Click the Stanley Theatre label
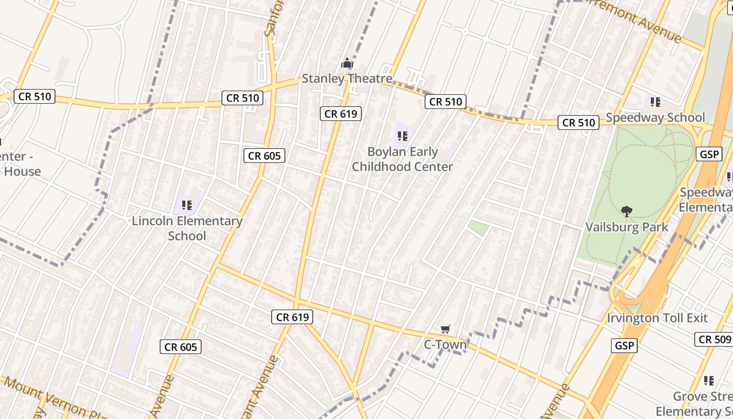click(347, 79)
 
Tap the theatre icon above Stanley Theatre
click(347, 64)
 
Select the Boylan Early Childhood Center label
click(402, 159)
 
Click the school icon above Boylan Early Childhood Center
click(402, 137)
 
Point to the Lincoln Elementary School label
click(187, 228)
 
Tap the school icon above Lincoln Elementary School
click(187, 205)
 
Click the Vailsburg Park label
click(626, 227)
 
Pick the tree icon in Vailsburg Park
click(626, 212)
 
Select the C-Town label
click(445, 345)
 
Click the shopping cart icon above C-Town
click(445, 329)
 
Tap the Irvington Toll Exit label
click(657, 318)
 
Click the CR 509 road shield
click(714, 339)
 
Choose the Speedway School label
click(655, 117)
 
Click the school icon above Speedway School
click(655, 102)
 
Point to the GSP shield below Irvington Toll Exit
click(624, 346)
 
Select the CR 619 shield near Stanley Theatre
click(340, 113)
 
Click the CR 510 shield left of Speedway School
click(579, 123)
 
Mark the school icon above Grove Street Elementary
click(709, 381)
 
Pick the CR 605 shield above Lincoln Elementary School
click(264, 156)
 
